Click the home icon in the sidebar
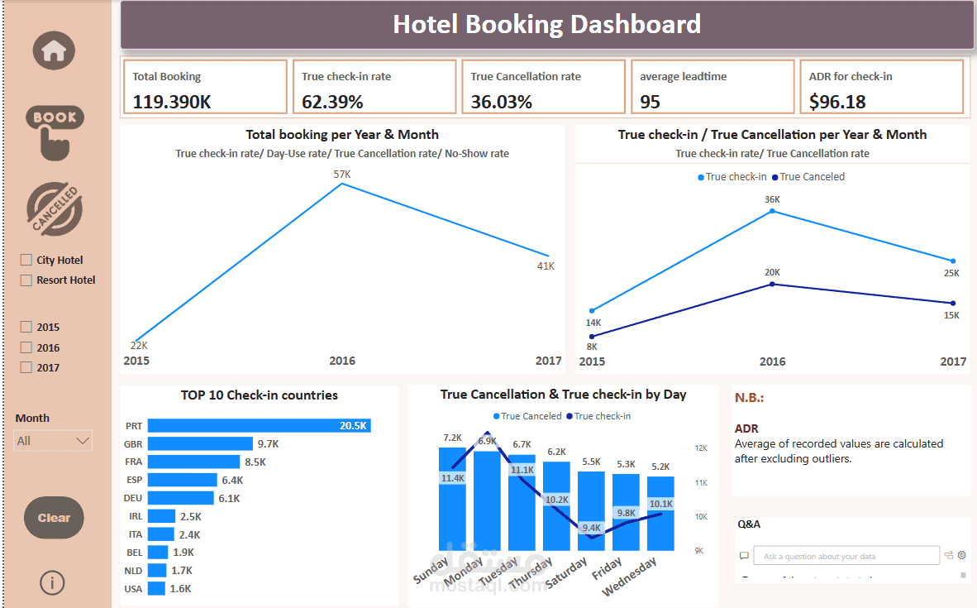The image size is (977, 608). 54,50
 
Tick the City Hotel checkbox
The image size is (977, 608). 26,260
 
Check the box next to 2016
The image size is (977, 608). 26,347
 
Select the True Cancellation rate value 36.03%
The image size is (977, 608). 502,102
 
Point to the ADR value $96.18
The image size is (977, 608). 837,102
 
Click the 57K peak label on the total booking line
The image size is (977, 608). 342,175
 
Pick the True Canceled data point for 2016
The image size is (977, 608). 772,284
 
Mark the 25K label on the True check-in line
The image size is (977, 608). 951,273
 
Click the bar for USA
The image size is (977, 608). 156,589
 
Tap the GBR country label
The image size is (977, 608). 134,443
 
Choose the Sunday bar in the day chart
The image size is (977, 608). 452,499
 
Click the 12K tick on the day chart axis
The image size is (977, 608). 701,448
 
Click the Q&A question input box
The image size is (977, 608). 850,557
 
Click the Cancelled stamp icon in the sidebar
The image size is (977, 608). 54,210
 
